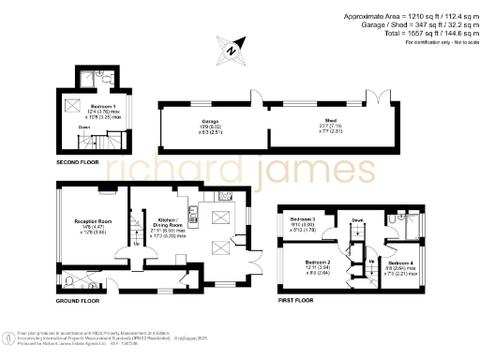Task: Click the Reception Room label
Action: (92, 222)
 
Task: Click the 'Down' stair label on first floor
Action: (357, 220)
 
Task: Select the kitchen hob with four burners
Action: (223, 197)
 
